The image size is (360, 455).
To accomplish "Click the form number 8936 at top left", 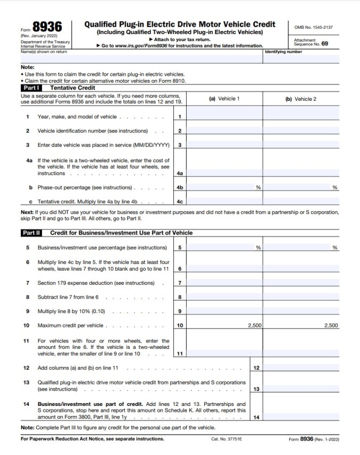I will click(x=47, y=27).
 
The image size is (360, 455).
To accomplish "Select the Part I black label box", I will click(x=33, y=87).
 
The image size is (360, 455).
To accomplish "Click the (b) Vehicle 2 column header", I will click(x=301, y=99).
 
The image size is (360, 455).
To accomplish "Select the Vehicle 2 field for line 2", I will click(x=301, y=131).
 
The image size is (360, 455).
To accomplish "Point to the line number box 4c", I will click(x=180, y=202).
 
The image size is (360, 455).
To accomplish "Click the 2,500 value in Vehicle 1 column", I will click(x=254, y=325).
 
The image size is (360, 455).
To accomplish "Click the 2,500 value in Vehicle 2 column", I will click(x=331, y=325).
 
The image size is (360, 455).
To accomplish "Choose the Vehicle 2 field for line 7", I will click(x=301, y=283).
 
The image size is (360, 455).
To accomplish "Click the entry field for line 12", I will click(x=301, y=368).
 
